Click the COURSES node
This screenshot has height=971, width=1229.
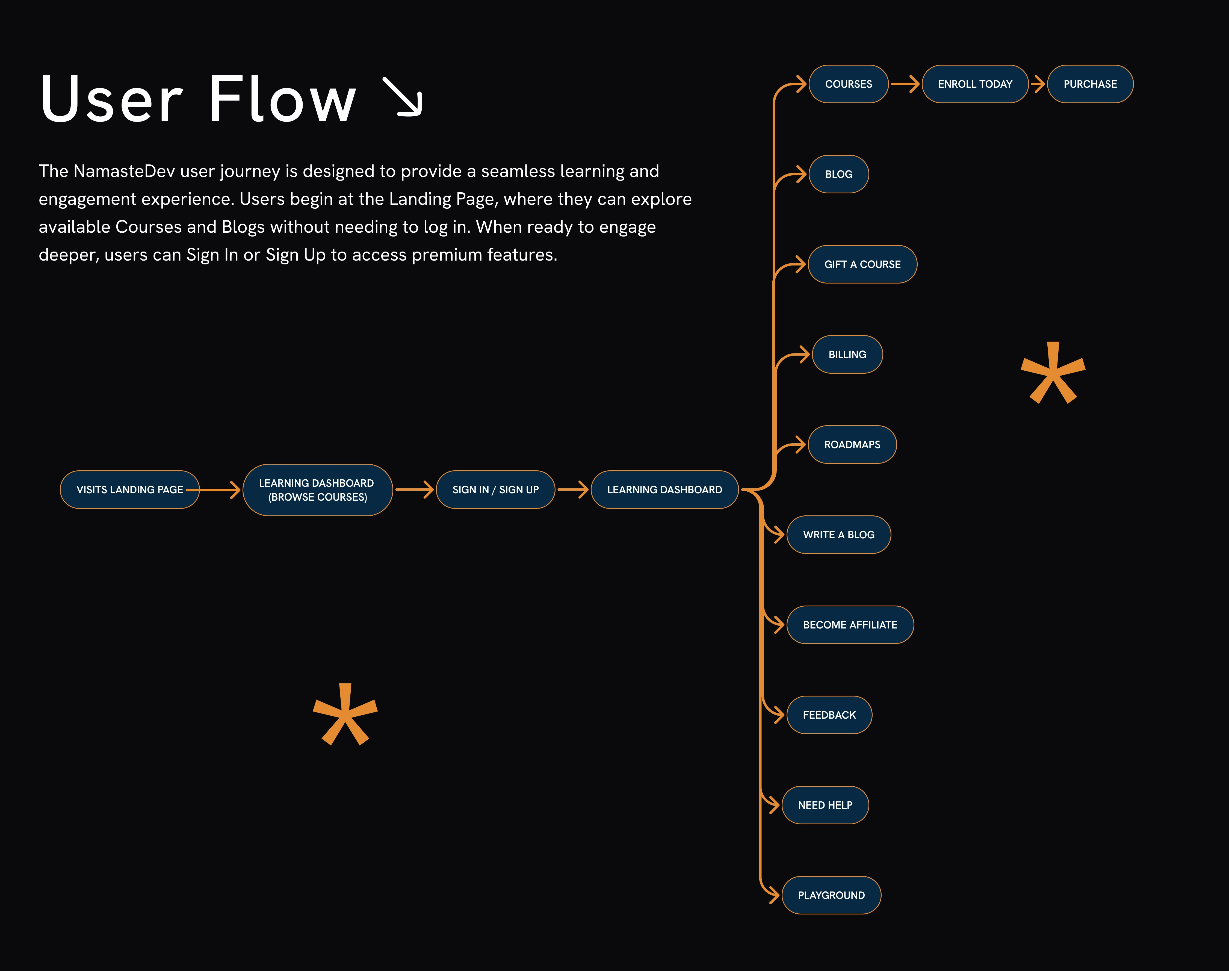pyautogui.click(x=848, y=84)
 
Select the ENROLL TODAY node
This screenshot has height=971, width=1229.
pyautogui.click(x=975, y=84)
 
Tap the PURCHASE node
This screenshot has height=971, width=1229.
pyautogui.click(x=1090, y=84)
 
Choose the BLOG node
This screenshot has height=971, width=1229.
pyautogui.click(x=838, y=174)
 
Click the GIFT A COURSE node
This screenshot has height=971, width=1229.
pyautogui.click(x=862, y=264)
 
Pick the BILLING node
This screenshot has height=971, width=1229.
pyautogui.click(x=847, y=354)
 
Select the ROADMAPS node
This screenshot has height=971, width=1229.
pyautogui.click(x=852, y=445)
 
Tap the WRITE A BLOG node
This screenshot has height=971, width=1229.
pyautogui.click(x=838, y=534)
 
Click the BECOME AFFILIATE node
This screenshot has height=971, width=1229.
pyautogui.click(x=850, y=625)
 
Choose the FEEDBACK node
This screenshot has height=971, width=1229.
pyautogui.click(x=829, y=715)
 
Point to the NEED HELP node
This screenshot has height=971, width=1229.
pyautogui.click(x=825, y=805)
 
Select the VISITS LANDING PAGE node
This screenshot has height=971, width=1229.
pyautogui.click(x=130, y=489)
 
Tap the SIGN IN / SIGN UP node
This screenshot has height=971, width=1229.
pyautogui.click(x=495, y=489)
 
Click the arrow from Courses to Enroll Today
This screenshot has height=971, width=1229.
pyautogui.click(x=905, y=84)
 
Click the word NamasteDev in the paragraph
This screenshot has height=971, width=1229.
pyautogui.click(x=124, y=171)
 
